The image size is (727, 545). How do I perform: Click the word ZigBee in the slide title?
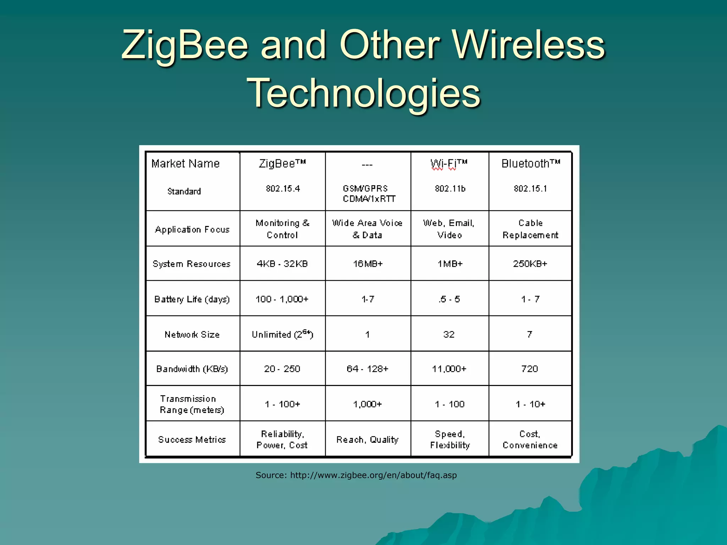click(x=185, y=45)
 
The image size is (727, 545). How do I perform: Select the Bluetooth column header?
click(x=530, y=164)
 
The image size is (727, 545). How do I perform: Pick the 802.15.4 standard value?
click(x=283, y=189)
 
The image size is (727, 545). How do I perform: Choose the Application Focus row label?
click(x=192, y=230)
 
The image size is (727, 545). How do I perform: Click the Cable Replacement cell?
click(x=530, y=229)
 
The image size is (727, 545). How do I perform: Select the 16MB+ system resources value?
click(x=368, y=264)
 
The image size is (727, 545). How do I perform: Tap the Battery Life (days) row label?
click(x=192, y=299)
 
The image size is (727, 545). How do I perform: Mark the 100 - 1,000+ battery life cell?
click(x=282, y=299)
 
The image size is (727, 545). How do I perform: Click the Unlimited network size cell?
click(x=282, y=334)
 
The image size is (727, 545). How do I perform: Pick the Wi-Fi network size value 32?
click(x=449, y=334)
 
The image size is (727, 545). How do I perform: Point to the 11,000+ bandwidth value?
click(x=449, y=369)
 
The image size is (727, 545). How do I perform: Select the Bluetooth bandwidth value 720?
click(x=530, y=369)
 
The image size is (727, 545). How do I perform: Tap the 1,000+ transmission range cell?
click(x=367, y=404)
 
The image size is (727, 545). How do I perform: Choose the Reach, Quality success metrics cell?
click(x=367, y=440)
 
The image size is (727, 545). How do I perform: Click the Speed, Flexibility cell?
click(x=450, y=440)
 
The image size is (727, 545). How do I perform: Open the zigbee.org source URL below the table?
click(x=373, y=475)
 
